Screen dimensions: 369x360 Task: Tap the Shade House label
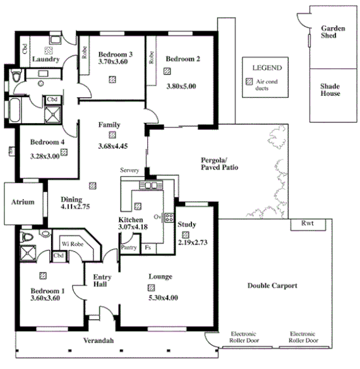329,90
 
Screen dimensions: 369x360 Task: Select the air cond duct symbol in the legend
249,83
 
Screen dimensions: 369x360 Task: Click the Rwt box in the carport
307,224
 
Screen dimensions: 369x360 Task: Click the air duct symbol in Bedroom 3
112,79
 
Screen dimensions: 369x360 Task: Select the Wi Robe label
71,243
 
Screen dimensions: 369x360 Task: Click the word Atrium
21,202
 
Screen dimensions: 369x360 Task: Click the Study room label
187,225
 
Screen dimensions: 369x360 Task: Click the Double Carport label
272,286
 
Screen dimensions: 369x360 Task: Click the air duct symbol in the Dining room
93,186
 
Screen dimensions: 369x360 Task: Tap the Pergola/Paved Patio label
219,164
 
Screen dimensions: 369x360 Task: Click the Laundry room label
46,60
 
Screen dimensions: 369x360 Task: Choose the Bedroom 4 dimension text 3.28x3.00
44,155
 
